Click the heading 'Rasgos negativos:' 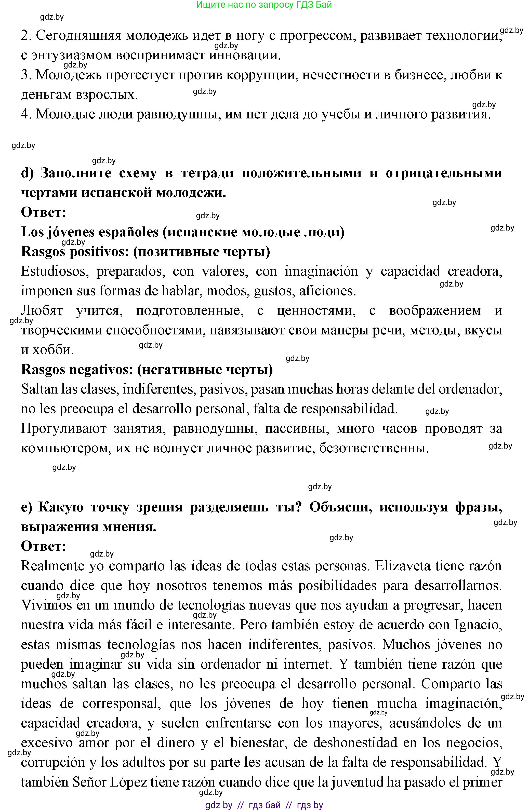(77, 369)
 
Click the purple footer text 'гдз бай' (265, 805)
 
